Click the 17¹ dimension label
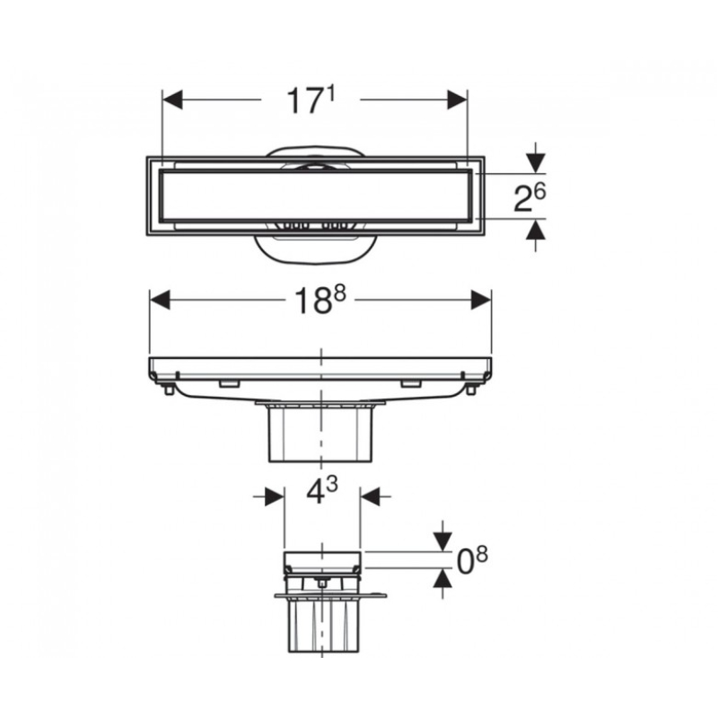point(311,101)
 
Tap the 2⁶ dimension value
point(530,197)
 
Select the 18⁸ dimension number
point(320,301)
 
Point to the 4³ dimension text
point(321,491)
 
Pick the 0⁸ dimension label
point(473,561)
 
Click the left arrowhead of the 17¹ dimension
point(172,100)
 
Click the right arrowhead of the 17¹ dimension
point(457,100)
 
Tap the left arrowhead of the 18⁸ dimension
point(161,300)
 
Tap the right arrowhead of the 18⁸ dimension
point(481,300)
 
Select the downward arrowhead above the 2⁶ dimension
point(536,164)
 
